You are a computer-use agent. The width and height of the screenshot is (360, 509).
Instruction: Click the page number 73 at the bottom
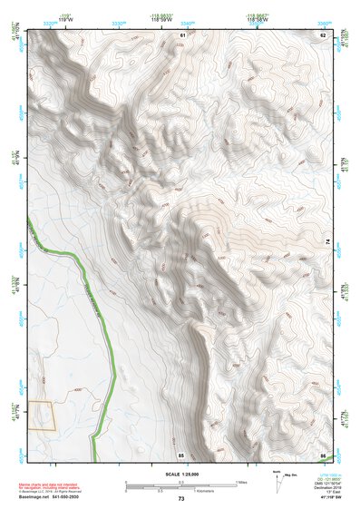tap(181, 499)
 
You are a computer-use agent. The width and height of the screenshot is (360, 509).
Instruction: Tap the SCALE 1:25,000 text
tap(181, 474)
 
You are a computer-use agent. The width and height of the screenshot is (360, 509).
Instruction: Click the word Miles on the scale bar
tap(240, 481)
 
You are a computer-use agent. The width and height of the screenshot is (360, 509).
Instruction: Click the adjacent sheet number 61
tap(181, 34)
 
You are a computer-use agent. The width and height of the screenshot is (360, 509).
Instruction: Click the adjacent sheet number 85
tap(181, 454)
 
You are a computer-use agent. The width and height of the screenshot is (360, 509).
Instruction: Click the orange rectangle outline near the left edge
tap(41, 416)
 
